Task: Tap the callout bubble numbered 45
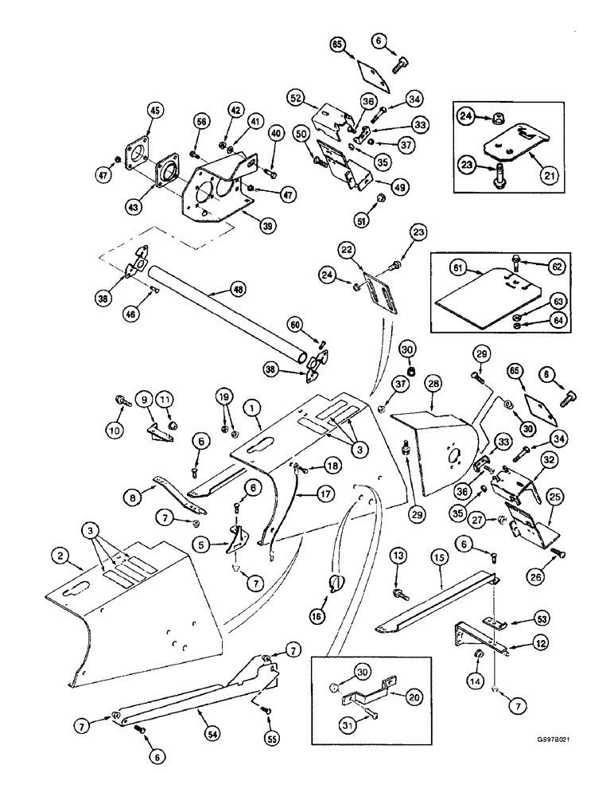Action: [x=154, y=111]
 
